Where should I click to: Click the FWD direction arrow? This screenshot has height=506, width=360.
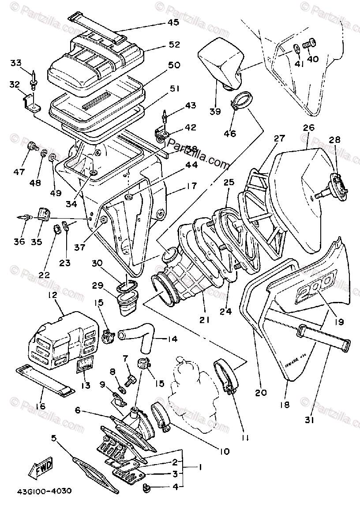41,468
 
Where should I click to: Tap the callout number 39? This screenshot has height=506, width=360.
215,112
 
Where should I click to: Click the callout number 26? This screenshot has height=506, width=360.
308,128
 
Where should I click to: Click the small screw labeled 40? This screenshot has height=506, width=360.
308,45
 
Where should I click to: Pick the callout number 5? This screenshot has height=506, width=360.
54,438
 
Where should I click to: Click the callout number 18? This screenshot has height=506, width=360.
285,404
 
